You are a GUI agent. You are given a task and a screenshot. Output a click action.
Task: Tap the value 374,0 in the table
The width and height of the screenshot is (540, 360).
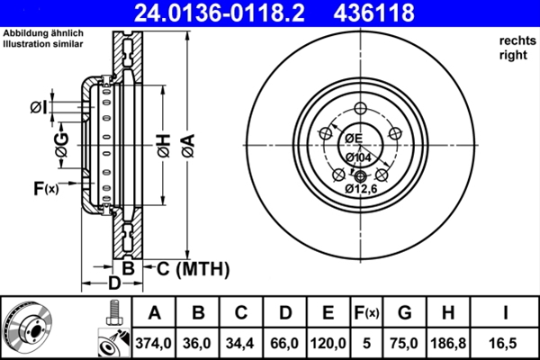154,343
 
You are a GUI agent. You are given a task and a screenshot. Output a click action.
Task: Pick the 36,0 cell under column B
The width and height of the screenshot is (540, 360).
198,343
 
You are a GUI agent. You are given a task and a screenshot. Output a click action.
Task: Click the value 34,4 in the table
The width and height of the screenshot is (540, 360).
242,343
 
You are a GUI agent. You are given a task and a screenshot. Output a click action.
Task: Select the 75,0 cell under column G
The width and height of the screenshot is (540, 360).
404,343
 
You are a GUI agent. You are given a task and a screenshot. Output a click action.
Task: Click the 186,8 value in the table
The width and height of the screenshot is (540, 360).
447,343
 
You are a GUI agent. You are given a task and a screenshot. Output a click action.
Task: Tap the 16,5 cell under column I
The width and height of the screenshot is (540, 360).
505,343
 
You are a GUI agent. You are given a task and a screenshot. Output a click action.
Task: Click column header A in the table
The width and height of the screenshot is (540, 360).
154,313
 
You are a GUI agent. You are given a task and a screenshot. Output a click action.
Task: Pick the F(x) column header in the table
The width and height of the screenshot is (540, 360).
366,313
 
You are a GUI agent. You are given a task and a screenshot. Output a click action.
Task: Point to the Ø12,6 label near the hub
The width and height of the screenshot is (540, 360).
361,188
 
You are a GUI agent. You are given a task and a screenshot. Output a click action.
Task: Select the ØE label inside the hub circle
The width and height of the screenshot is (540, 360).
353,138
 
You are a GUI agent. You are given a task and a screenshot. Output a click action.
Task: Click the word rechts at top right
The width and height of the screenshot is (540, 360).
516,41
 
